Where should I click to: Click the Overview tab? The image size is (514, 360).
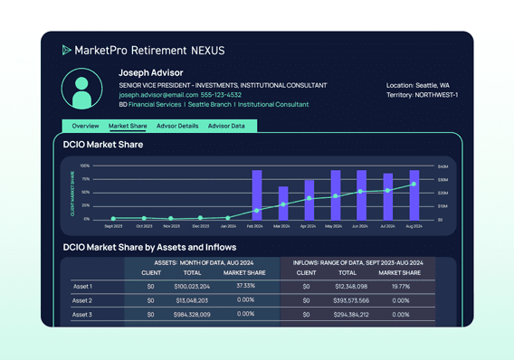(85, 126)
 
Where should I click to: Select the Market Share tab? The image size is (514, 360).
(128, 126)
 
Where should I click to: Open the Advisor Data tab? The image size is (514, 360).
(226, 126)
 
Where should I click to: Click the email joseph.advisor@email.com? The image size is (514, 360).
(158, 95)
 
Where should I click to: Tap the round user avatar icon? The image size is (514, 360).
(81, 90)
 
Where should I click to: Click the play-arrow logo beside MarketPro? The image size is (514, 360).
(66, 51)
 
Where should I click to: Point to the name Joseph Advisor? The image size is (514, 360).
(150, 72)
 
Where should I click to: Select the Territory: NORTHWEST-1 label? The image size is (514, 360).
(422, 95)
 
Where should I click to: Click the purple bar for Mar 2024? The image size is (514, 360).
(283, 204)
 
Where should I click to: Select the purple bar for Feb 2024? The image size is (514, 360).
(257, 194)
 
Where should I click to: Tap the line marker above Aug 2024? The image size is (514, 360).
(414, 185)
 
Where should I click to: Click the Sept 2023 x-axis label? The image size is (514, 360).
(113, 226)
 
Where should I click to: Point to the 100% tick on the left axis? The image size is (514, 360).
(85, 166)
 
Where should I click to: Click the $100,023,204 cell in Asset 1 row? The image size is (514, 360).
(192, 286)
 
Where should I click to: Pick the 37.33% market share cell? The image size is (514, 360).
(245, 286)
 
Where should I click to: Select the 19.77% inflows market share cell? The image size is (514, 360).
(399, 286)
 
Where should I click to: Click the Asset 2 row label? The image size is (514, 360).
(82, 300)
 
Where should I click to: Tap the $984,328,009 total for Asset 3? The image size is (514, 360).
(192, 315)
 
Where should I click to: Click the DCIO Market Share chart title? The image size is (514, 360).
(104, 145)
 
